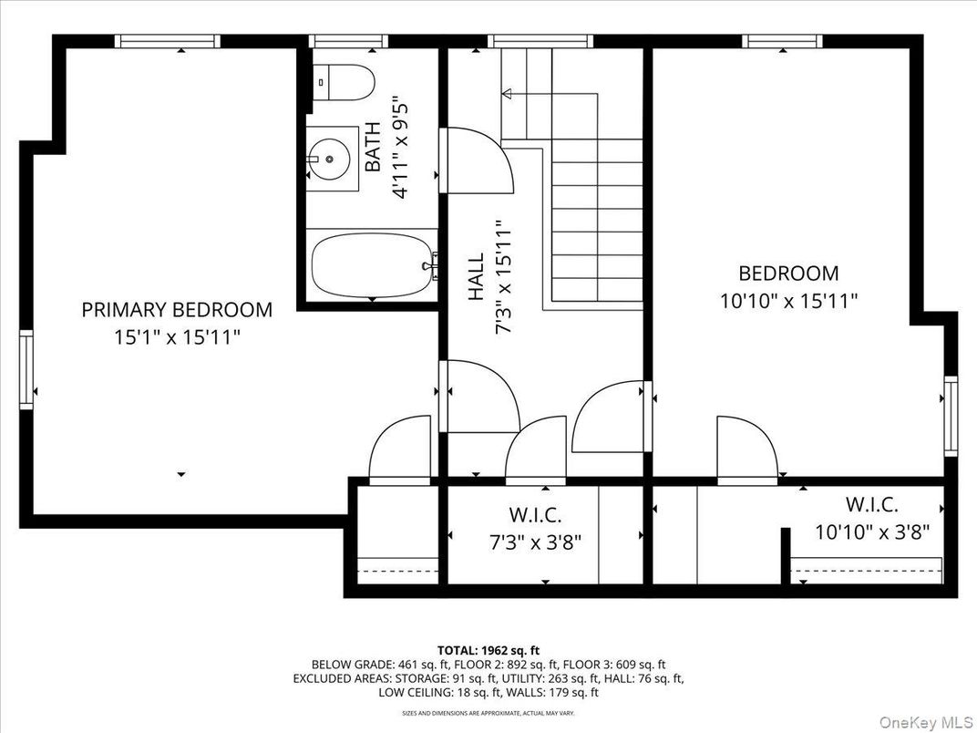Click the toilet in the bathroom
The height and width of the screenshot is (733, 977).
(x=344, y=83)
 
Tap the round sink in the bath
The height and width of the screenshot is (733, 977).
(x=328, y=160)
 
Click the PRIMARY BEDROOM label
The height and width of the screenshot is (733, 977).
(x=177, y=310)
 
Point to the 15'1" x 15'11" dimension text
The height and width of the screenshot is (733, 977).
(x=177, y=337)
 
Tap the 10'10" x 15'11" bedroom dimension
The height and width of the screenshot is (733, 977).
(x=788, y=301)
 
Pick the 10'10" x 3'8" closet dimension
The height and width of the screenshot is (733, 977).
(x=872, y=532)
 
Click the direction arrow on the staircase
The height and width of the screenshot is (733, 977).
(x=507, y=92)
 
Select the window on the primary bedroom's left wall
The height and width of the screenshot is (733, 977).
(x=26, y=369)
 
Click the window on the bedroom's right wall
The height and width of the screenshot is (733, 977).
(x=951, y=415)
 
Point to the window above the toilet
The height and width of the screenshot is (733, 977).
(x=349, y=41)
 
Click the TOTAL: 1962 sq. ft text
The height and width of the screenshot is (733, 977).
(x=488, y=650)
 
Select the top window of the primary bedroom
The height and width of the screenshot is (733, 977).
(x=168, y=41)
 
